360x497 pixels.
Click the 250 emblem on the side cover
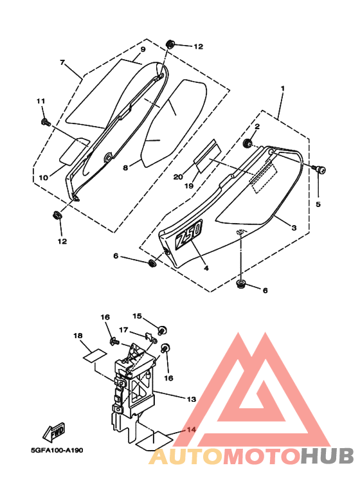[x=189, y=235]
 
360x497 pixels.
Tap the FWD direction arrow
[x=54, y=432]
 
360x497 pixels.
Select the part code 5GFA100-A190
[x=57, y=450]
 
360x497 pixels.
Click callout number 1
[x=283, y=88]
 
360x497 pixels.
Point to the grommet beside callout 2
[x=248, y=143]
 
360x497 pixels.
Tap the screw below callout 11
[x=45, y=122]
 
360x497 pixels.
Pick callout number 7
[x=62, y=62]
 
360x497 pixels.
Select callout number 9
[x=143, y=50]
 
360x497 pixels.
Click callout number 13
[x=192, y=399]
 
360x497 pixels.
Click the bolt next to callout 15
[x=163, y=330]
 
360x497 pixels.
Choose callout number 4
[x=206, y=268]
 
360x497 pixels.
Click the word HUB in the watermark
[x=327, y=456]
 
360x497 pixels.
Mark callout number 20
[x=178, y=177]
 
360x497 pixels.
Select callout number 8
[x=125, y=167]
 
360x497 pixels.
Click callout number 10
[x=44, y=177]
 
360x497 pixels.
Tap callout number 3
[x=294, y=228]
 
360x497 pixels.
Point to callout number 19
[x=189, y=186]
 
